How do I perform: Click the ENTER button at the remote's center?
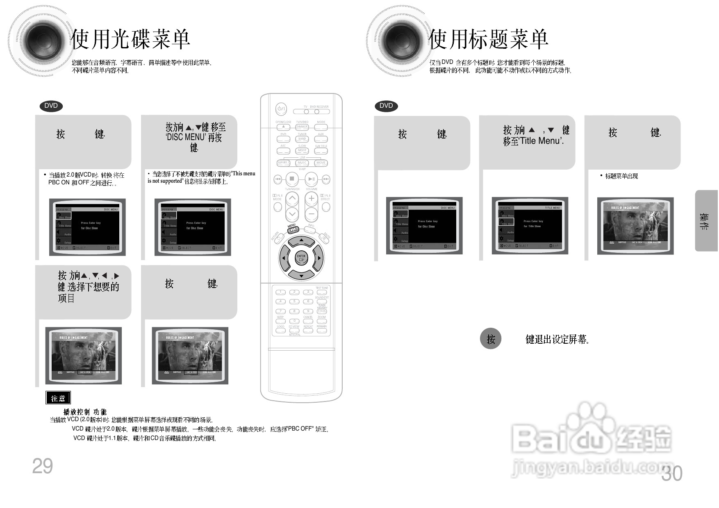pyautogui.click(x=301, y=258)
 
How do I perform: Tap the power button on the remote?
pyautogui.click(x=281, y=109)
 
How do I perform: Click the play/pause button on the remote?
pyautogui.click(x=311, y=179)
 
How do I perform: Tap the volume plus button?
pyautogui.click(x=311, y=199)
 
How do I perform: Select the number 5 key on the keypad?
pyautogui.click(x=294, y=302)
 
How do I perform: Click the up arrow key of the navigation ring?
pyautogui.click(x=301, y=240)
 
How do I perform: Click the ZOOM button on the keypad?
pyautogui.click(x=322, y=321)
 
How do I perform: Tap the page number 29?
pyautogui.click(x=43, y=466)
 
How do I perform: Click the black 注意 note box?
pyautogui.click(x=58, y=398)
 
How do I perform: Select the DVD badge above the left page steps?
pyautogui.click(x=51, y=106)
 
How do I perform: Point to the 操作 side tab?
pyautogui.click(x=705, y=221)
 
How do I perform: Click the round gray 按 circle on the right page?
pyautogui.click(x=491, y=339)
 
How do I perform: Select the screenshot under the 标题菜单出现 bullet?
pyautogui.click(x=635, y=226)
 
